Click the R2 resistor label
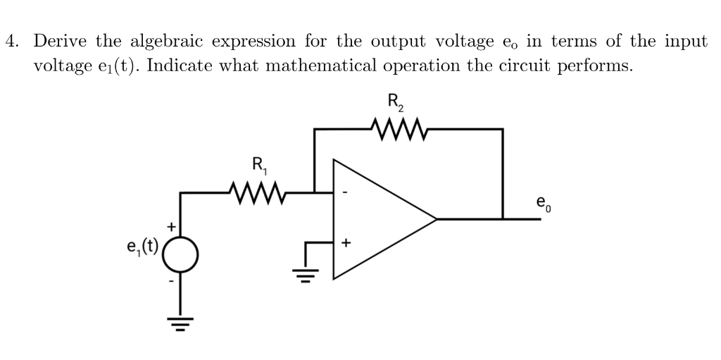coord(396,102)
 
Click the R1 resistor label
coord(259,167)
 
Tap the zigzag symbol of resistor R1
coord(258,190)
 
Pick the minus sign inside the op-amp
coord(345,192)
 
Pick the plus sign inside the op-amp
coord(345,244)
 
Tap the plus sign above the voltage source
coord(170,227)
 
